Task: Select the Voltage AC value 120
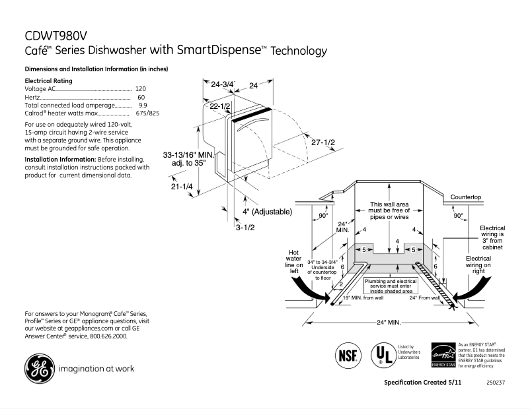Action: pos(140,88)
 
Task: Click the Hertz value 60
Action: pos(141,97)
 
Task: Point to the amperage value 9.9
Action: pos(142,105)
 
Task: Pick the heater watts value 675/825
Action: pos(147,113)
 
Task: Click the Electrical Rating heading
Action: pos(48,80)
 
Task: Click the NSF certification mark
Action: pos(348,354)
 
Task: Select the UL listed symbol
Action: pos(381,354)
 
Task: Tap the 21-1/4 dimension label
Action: pos(182,187)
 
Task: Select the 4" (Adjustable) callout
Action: pos(267,212)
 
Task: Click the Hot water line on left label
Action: pos(294,261)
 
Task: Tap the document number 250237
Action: pos(494,383)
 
